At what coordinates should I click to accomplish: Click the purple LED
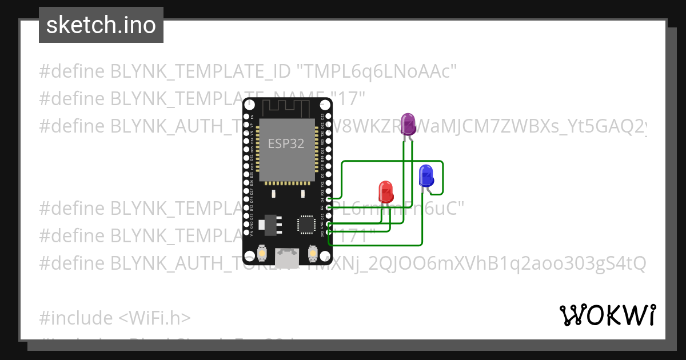(x=408, y=124)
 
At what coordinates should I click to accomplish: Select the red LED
(x=386, y=191)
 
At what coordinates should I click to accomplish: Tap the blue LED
(x=426, y=175)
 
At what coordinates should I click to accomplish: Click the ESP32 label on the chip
(x=286, y=143)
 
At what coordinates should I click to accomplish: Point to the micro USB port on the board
(x=286, y=258)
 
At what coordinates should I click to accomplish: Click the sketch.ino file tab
(x=101, y=25)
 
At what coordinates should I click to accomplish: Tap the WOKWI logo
(x=607, y=315)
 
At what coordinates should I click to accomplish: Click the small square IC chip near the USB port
(x=306, y=225)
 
